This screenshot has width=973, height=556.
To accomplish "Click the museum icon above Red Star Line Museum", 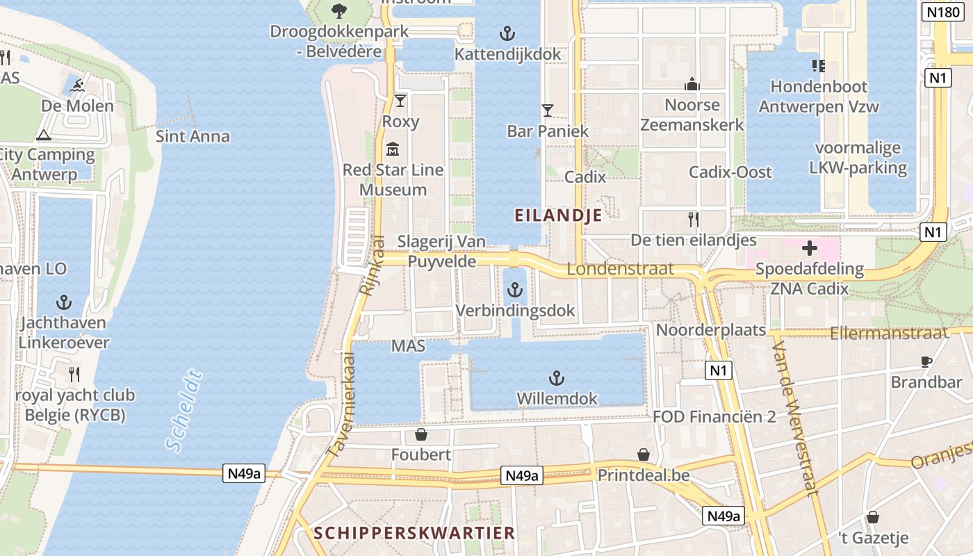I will click(x=393, y=148).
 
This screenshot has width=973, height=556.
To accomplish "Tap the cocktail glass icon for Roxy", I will click(x=400, y=101).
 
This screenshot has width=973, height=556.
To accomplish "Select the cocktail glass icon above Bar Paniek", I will click(x=548, y=110).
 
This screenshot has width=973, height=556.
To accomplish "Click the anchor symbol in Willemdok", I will click(x=556, y=378).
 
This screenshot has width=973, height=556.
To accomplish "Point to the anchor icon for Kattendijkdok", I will click(x=507, y=33).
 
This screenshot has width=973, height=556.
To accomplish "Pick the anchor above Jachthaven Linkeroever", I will click(x=64, y=302).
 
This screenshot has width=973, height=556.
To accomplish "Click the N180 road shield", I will click(x=943, y=12).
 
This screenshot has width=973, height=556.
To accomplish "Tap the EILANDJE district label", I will click(x=558, y=215).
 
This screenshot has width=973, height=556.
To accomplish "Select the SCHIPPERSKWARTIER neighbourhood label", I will click(x=414, y=533).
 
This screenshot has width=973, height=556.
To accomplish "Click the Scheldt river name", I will click(x=185, y=411).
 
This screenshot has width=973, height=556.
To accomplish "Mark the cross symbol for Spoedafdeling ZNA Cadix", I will click(x=810, y=248).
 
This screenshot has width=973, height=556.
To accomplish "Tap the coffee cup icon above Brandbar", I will click(x=926, y=361).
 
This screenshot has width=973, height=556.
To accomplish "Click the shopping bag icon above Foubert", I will click(x=421, y=435).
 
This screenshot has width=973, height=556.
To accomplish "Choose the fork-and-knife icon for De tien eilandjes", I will click(x=693, y=220).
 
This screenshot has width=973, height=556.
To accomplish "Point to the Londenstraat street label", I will click(x=620, y=268).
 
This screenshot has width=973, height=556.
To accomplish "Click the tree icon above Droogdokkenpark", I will click(x=339, y=11).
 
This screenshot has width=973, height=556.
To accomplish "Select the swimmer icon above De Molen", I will click(x=77, y=86).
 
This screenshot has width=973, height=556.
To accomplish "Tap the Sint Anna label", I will click(x=193, y=136).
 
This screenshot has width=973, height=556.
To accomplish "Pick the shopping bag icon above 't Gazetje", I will click(x=873, y=517).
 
